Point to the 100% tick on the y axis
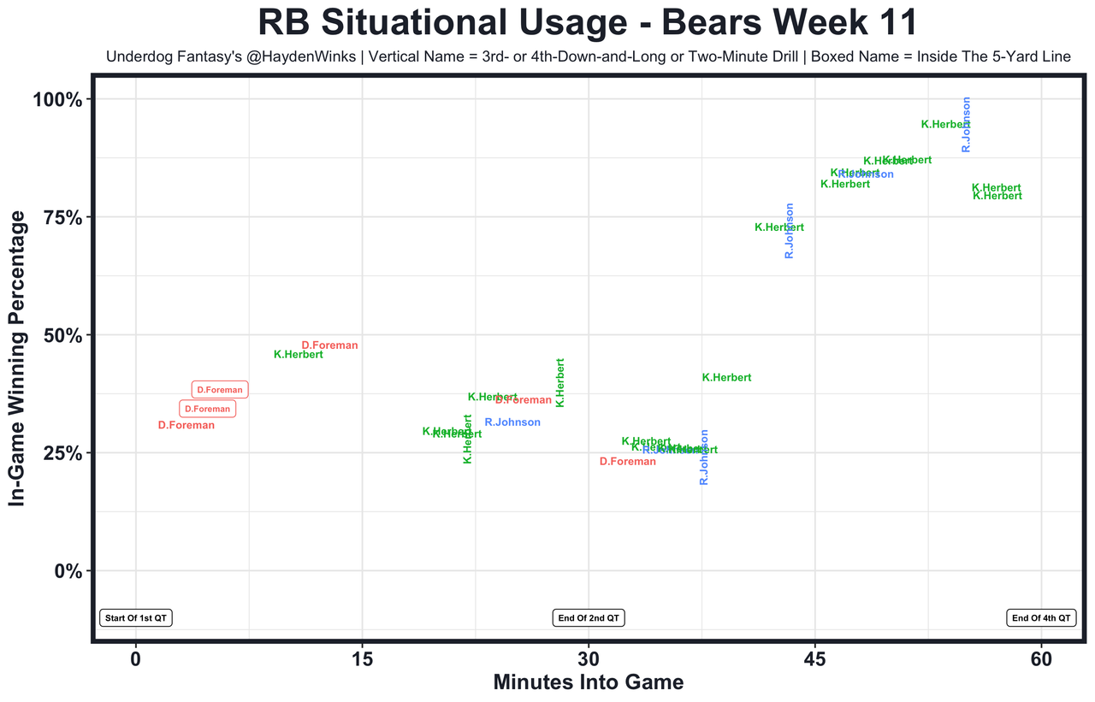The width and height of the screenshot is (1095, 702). (x=58, y=100)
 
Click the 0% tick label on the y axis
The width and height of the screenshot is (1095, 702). (x=68, y=570)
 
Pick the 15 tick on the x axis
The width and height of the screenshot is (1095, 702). (x=362, y=660)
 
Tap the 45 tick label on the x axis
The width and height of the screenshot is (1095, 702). (x=815, y=660)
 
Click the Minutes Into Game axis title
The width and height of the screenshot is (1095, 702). (x=589, y=682)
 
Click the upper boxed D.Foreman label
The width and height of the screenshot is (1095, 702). (x=220, y=390)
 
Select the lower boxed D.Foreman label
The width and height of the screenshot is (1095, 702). (x=207, y=409)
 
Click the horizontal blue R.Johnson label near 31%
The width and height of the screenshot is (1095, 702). (x=512, y=422)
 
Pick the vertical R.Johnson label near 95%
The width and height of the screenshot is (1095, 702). (x=967, y=125)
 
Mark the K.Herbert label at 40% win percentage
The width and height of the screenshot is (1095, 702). (x=726, y=378)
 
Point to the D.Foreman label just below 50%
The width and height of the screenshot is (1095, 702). (x=329, y=345)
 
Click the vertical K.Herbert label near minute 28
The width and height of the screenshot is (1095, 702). (x=560, y=382)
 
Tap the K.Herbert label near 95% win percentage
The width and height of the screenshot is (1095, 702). (x=945, y=125)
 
